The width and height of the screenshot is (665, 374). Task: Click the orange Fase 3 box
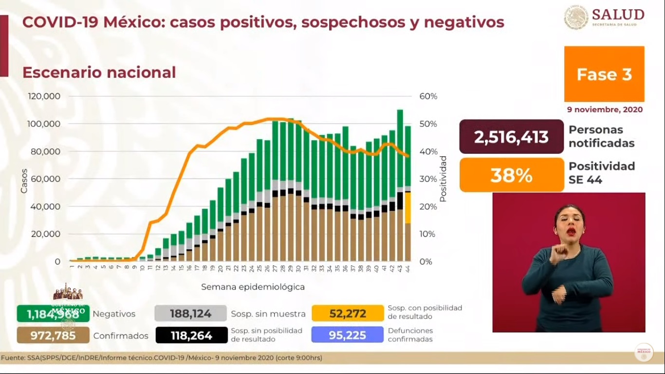604,74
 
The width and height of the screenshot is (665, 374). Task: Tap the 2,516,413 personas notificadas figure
511,137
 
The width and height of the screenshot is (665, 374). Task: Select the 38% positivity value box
511,175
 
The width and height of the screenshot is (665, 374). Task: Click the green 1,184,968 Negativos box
53,314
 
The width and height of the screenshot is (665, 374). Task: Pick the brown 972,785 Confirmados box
53,335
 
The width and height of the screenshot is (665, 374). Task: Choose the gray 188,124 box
190,314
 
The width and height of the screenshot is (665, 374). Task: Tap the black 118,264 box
191,335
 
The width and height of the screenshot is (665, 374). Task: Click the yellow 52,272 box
348,314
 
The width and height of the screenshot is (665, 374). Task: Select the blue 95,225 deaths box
348,335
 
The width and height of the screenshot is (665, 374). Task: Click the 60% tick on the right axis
428,96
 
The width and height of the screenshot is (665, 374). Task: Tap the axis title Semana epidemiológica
253,287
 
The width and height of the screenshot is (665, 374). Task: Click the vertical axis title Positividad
443,179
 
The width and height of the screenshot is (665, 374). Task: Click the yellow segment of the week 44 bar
408,207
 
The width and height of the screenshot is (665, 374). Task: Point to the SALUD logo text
618,15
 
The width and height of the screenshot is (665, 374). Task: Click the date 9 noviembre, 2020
605,110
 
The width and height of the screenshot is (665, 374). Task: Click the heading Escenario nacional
99,73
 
